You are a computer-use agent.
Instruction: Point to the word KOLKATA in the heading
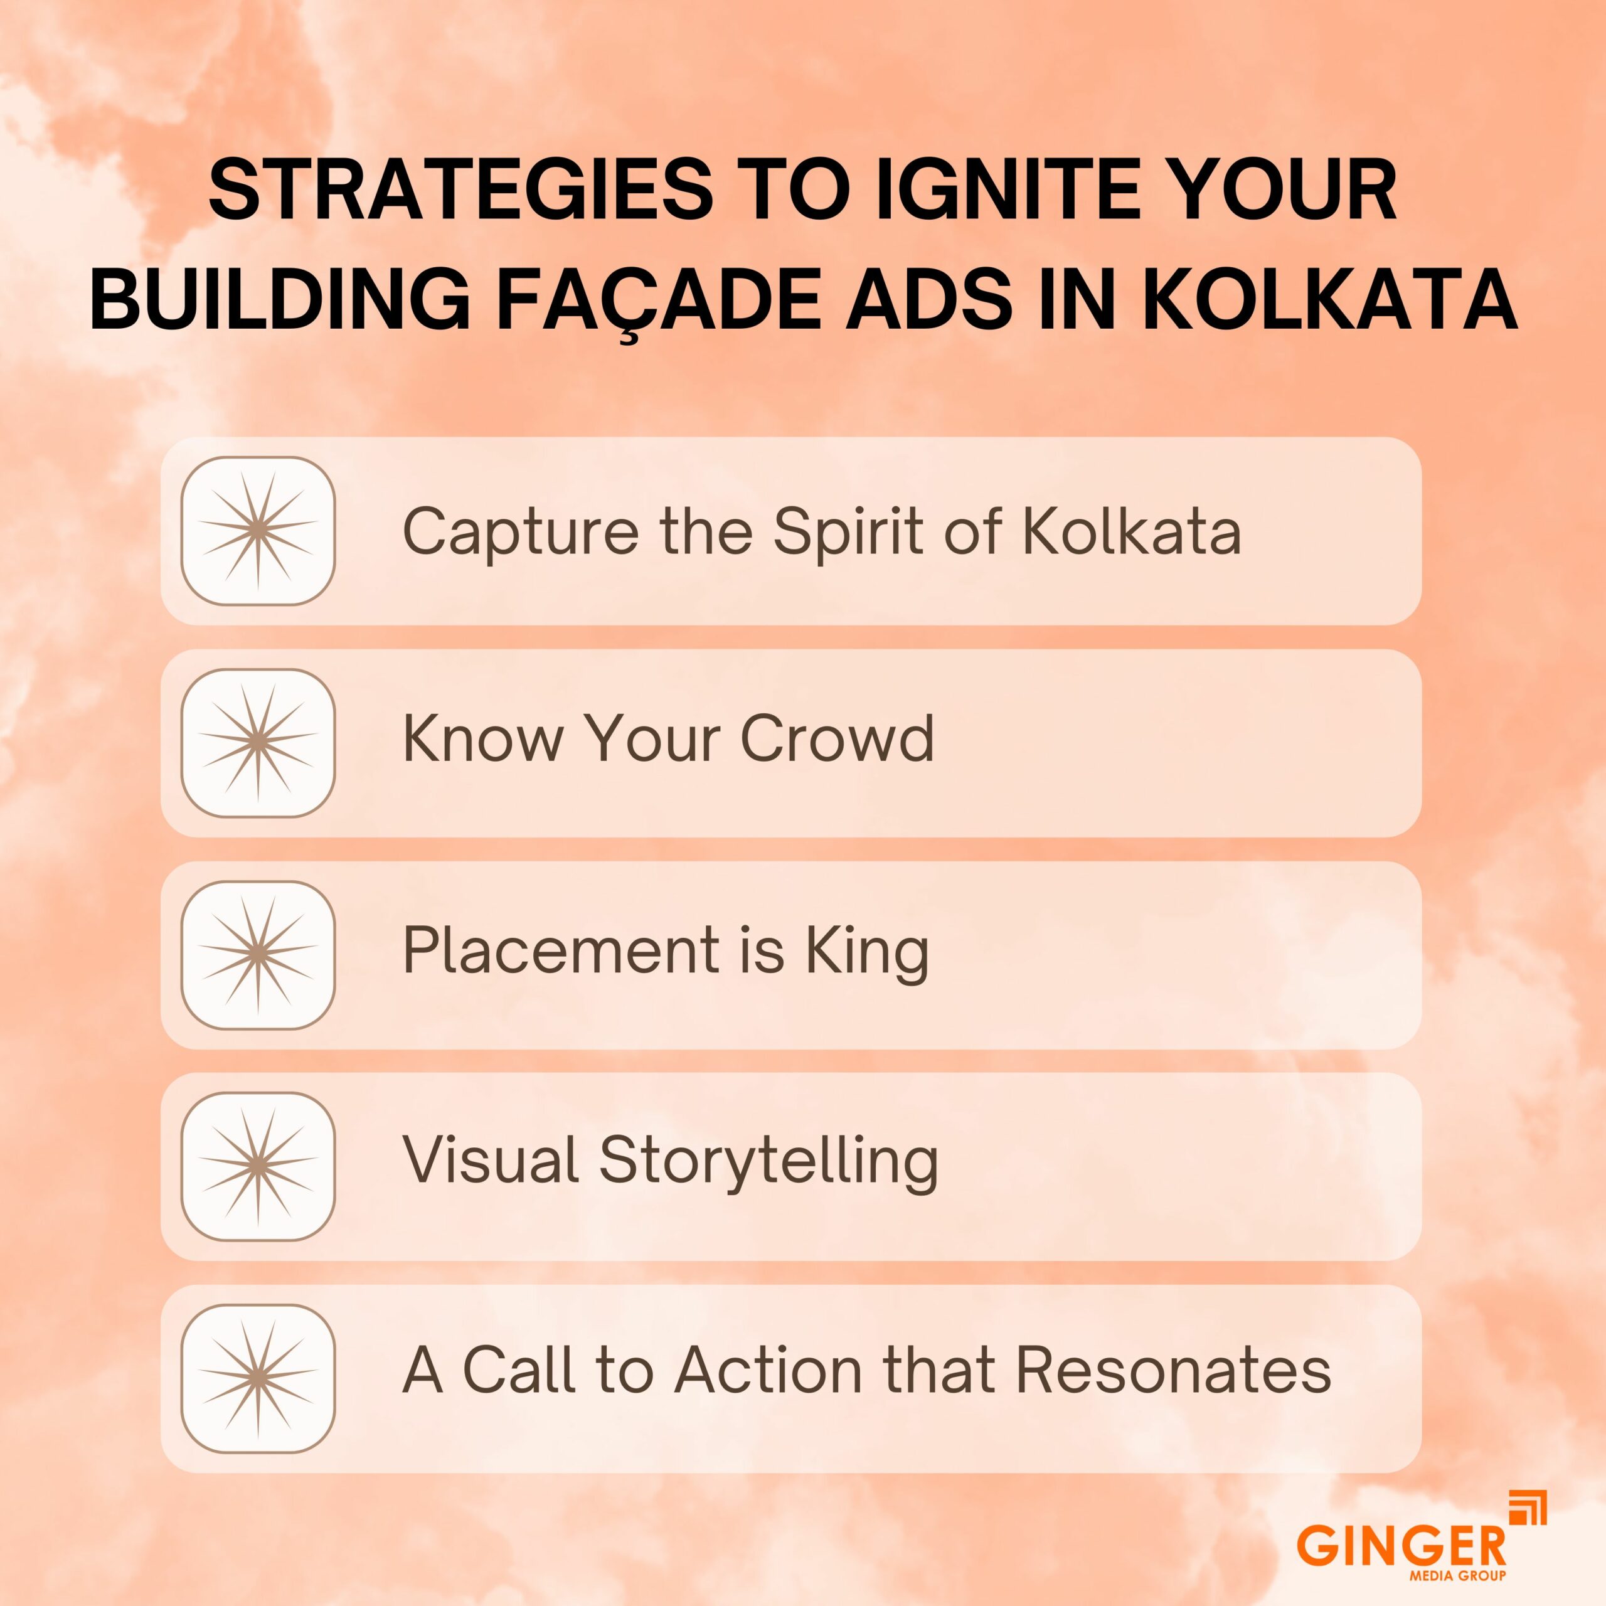[1329, 300]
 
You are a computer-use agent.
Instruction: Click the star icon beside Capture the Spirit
[258, 530]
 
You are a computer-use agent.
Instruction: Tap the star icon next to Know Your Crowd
[258, 742]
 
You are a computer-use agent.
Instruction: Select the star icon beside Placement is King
[258, 954]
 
